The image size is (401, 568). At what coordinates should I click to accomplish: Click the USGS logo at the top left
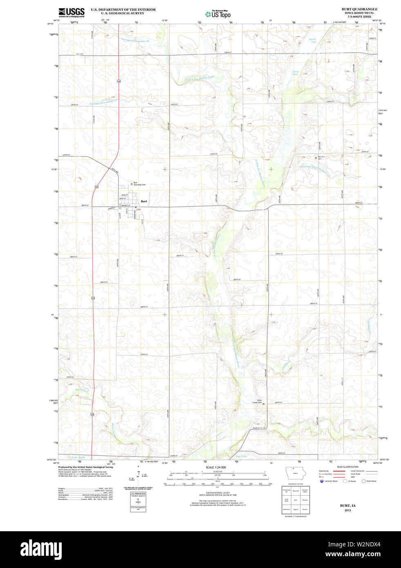pos(72,12)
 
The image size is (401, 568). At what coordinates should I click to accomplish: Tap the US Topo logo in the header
pos(218,14)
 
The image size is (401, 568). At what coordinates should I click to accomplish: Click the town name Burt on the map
pos(144,201)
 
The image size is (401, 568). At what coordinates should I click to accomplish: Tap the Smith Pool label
pos(312,41)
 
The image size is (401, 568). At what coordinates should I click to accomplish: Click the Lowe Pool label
pos(295,73)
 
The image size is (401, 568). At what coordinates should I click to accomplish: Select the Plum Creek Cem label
pos(257,402)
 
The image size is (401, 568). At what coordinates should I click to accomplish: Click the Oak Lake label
pos(241,456)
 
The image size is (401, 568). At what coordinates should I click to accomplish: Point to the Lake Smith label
pos(78,457)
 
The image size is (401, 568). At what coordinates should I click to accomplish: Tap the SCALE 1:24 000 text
pos(215,467)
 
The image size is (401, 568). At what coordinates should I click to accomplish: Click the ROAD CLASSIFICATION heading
pos(347,467)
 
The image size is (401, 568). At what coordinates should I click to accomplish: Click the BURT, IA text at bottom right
pos(347,505)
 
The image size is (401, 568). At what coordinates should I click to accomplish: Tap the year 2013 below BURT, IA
pos(347,510)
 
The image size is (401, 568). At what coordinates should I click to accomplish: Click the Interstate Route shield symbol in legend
pos(321,481)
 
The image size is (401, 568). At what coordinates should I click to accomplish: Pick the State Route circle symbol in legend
pos(363,481)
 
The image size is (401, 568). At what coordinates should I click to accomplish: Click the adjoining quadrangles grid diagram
pos(296,500)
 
